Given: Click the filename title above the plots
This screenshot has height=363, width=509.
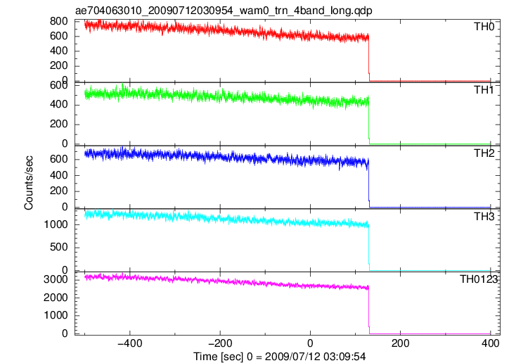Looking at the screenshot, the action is tap(224, 11).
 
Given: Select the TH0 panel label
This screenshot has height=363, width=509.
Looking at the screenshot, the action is tap(484, 27).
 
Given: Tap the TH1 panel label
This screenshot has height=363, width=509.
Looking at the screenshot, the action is tap(484, 90).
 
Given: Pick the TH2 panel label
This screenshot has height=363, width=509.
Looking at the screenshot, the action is tap(484, 153).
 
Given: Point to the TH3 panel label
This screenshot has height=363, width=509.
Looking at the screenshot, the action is tap(484, 217).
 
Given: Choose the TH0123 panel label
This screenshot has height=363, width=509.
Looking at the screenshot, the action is tap(479, 279).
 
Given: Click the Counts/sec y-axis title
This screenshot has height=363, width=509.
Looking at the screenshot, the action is tap(29, 183).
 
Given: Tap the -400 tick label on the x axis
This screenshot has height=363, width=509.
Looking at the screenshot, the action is tap(130, 343).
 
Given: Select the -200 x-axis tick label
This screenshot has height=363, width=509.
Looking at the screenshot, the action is tap(220, 343).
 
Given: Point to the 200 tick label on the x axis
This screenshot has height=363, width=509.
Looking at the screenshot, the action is tap(401, 343).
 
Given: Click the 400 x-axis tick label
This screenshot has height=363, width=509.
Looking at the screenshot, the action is tap(491, 343).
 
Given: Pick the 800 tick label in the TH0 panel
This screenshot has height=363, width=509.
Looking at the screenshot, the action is tap(59, 21).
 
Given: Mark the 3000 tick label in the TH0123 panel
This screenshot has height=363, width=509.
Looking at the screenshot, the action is tap(56, 279).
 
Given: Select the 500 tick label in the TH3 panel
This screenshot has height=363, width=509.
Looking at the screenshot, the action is tap(59, 248).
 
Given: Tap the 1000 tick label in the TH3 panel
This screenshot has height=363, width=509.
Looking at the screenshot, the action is tap(56, 224).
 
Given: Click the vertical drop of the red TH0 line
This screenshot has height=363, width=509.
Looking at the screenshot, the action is tap(369, 58).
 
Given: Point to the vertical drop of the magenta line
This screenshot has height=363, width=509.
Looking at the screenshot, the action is tap(369, 311).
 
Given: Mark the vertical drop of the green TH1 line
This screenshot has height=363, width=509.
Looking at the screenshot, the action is tap(369, 120).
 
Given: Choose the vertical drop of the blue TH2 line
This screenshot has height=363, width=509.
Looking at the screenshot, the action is tap(369, 184).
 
